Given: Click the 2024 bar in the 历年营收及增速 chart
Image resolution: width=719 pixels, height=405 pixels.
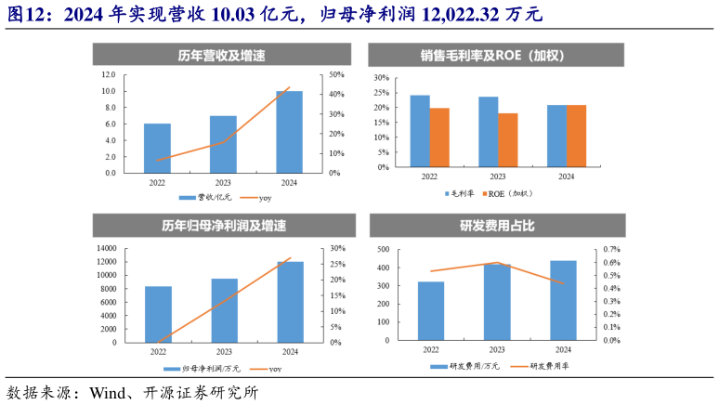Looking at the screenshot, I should click(289, 131).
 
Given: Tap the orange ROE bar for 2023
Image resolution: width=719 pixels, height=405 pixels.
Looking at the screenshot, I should click(507, 140).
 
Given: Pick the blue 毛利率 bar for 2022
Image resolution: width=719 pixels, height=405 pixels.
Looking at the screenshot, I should click(420, 131).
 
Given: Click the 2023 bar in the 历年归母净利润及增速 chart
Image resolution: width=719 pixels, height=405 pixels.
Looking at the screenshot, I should click(224, 310).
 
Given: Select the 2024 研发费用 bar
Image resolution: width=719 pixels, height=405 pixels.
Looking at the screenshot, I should click(563, 300).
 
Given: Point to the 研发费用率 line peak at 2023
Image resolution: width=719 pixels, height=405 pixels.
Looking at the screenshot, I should click(497, 263).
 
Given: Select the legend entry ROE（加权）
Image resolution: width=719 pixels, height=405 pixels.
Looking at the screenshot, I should click(509, 193).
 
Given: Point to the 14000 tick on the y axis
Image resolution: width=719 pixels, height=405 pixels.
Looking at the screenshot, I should click(106, 249).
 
